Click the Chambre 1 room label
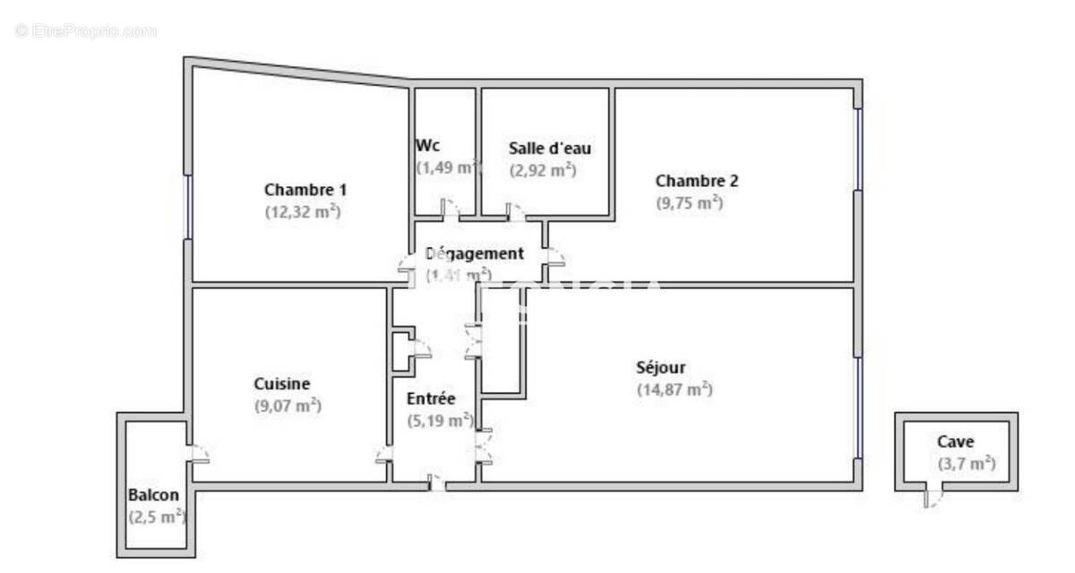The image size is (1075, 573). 305,190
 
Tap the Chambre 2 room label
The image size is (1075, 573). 697,181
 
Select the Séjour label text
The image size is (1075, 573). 661,367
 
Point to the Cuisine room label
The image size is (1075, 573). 282,384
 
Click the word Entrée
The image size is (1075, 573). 431,398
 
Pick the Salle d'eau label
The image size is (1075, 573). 550,148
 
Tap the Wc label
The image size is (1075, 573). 427,145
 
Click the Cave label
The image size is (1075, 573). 955,440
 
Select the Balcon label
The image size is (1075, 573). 153,495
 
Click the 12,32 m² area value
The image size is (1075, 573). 303,212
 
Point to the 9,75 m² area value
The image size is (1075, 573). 690,203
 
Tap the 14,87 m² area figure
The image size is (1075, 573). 675,389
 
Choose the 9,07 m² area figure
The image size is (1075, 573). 288,406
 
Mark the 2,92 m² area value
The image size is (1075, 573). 543,170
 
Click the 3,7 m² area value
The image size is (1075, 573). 967,464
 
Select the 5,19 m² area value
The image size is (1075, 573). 440,420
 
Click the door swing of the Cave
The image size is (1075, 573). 933,498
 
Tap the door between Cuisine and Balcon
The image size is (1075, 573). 199,455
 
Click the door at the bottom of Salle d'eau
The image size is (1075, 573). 516,213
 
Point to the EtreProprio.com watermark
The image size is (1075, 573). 86,31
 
